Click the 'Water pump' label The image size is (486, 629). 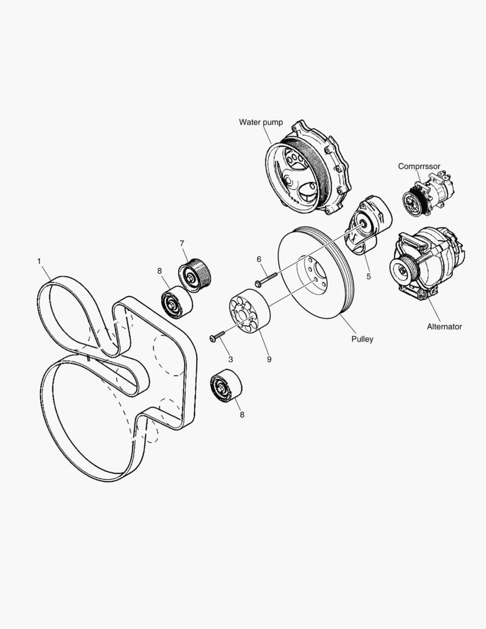pyautogui.click(x=261, y=122)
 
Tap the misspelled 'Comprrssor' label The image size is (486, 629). pyautogui.click(x=419, y=166)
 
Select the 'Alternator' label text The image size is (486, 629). pyautogui.click(x=444, y=327)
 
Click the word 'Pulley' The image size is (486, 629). pyautogui.click(x=362, y=339)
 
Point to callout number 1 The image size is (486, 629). pyautogui.click(x=40, y=261)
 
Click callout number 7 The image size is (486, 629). pyautogui.click(x=182, y=243)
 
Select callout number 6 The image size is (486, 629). pyautogui.click(x=259, y=259)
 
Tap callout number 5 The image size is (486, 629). pyautogui.click(x=368, y=277)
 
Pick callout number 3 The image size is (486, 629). pyautogui.click(x=230, y=359)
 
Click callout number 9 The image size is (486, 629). pyautogui.click(x=269, y=359)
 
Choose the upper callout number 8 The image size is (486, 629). pyautogui.click(x=159, y=270)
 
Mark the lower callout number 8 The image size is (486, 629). pyautogui.click(x=242, y=415)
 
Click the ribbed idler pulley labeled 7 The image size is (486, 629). pyautogui.click(x=196, y=273)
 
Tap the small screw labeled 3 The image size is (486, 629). pyautogui.click(x=218, y=336)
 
